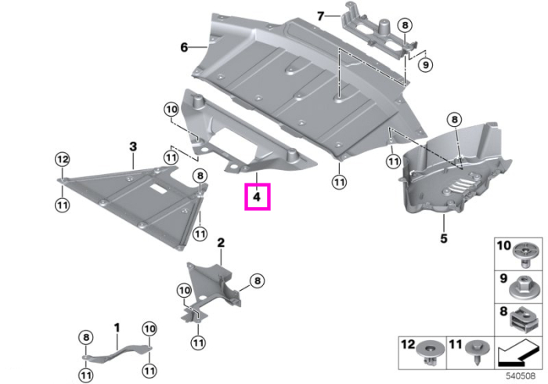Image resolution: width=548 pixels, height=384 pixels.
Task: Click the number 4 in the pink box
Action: click(257, 197)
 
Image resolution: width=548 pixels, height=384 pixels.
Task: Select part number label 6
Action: click(184, 47)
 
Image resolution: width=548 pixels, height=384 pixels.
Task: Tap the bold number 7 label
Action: click(320, 16)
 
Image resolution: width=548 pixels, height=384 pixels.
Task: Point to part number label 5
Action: click(444, 238)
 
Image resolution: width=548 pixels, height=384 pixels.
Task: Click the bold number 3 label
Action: click(133, 147)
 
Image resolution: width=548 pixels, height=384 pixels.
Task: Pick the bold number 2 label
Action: click(221, 242)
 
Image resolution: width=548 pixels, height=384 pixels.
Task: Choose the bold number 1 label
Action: click(117, 328)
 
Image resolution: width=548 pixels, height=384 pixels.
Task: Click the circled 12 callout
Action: click(62, 160)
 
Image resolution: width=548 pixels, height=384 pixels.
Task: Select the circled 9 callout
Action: click(425, 65)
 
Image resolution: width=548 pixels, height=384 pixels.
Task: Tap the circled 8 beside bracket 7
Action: click(405, 25)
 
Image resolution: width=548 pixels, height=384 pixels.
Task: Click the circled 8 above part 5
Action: click(454, 120)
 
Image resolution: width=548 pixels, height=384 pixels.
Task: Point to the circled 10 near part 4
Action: click(171, 110)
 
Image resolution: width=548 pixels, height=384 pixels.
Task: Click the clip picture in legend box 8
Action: click(523, 321)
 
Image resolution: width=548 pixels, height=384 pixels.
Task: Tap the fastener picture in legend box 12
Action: click(430, 353)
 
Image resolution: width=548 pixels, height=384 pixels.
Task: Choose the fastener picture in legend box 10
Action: click(525, 255)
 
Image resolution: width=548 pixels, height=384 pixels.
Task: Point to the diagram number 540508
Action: click(521, 376)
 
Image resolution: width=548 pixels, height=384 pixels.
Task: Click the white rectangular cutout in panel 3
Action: click(159, 189)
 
